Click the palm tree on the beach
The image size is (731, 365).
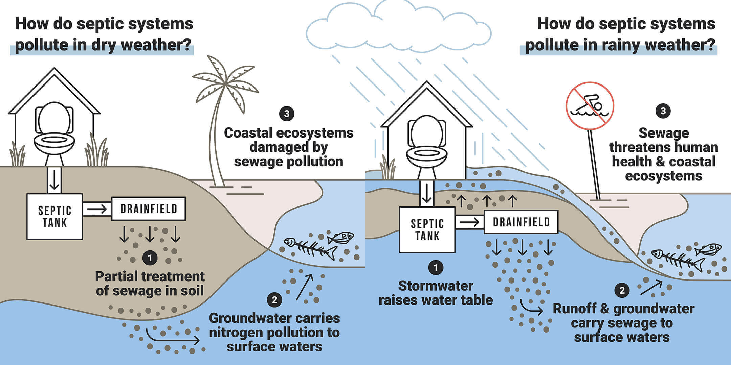[217, 135]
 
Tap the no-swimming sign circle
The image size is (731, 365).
[590, 106]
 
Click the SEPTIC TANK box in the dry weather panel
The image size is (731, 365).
[54, 217]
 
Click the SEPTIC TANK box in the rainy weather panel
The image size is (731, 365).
[427, 230]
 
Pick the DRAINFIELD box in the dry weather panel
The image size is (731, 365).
[149, 209]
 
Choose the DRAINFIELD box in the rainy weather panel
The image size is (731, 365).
[521, 222]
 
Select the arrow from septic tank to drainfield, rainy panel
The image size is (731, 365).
[469, 222]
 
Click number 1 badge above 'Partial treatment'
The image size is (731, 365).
[150, 259]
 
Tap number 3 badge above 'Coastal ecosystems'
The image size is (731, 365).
[287, 114]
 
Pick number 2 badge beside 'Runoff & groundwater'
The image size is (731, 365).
[622, 290]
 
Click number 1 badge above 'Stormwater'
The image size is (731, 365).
[436, 268]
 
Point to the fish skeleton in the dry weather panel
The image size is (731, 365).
[310, 249]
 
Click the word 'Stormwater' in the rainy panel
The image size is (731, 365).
[436, 286]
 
